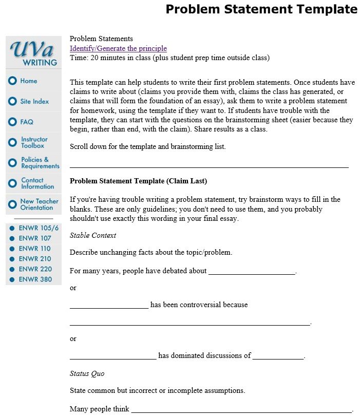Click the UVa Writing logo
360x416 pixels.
click(x=33, y=52)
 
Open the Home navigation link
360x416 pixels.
click(x=28, y=81)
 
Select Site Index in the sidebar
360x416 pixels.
click(x=34, y=102)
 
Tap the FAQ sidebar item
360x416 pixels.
click(x=27, y=122)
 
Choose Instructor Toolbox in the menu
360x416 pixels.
click(x=33, y=142)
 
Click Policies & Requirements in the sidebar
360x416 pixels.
click(x=40, y=163)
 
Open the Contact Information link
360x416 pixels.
click(x=37, y=183)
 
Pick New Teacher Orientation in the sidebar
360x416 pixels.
click(x=39, y=204)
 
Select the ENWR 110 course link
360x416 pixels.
click(x=34, y=249)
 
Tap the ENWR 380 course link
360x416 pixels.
click(x=35, y=279)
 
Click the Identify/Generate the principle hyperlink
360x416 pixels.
click(x=118, y=48)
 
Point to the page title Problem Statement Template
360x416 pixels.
click(x=261, y=9)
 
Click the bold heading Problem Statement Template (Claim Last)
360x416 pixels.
click(x=138, y=181)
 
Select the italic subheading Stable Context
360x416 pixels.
click(x=92, y=235)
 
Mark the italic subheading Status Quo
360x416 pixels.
click(x=87, y=373)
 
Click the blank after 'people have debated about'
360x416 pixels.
click(x=252, y=271)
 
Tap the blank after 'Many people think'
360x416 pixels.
click(x=241, y=410)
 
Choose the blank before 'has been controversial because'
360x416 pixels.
click(x=109, y=305)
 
